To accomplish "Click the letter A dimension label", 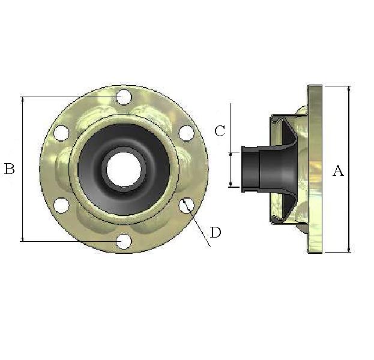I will [x=338, y=171].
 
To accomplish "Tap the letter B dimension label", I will [x=10, y=169].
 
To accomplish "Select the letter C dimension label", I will [x=220, y=131].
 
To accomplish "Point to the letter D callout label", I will [x=215, y=233].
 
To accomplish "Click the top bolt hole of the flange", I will [x=124, y=96].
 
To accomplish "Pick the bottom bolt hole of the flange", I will [x=124, y=241].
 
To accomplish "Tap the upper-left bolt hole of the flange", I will [x=61, y=133].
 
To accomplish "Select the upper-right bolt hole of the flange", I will [x=186, y=133].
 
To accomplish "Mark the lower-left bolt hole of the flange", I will [x=61, y=205].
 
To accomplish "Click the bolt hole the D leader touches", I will [x=186, y=205].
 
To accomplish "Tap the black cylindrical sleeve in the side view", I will [x=250, y=169].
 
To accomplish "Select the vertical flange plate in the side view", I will [x=315, y=169].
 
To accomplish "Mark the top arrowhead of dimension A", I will [x=349, y=89].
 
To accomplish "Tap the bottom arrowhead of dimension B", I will [x=22, y=238].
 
